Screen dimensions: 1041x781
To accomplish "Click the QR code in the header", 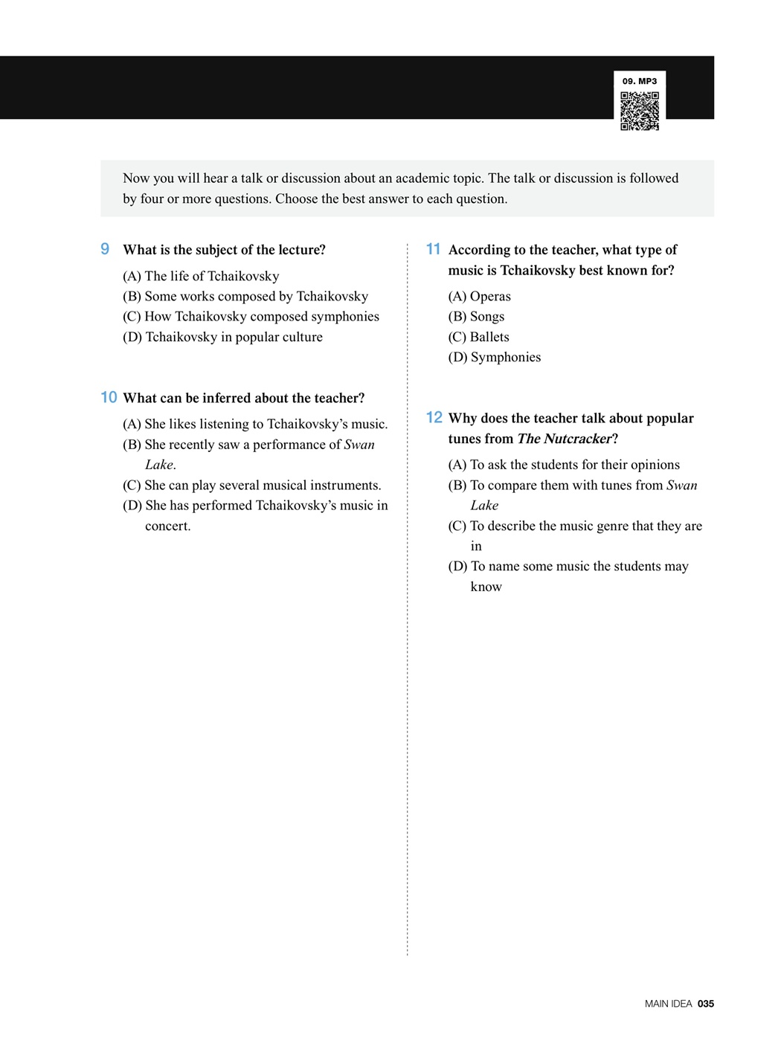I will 640,111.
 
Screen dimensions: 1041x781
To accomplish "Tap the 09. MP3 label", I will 640,81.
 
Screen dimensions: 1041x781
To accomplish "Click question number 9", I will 105,249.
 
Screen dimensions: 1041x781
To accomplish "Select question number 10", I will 109,398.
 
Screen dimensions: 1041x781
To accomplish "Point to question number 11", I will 433,249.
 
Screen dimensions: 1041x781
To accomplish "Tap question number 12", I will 434,418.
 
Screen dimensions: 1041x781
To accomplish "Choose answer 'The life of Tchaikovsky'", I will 201,276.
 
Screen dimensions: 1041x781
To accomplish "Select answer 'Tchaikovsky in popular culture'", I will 222,337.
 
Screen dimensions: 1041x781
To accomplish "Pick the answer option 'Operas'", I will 480,296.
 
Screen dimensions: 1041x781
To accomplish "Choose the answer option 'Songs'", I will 477,317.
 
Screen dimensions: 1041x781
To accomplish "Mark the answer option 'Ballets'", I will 479,337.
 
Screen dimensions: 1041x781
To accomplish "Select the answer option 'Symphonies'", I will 495,357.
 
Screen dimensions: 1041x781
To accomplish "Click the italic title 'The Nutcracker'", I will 564,439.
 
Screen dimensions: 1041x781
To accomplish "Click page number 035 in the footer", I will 706,1004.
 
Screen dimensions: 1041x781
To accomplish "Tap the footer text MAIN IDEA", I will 668,1004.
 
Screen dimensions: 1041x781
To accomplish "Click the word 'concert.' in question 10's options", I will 167,526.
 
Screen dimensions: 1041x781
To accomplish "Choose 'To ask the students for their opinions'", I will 564,465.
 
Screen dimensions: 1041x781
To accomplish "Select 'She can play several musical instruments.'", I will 252,486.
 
